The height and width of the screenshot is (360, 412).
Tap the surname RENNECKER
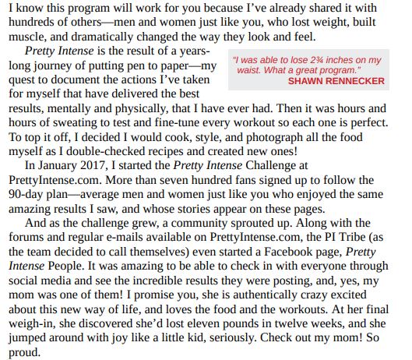(357, 81)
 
